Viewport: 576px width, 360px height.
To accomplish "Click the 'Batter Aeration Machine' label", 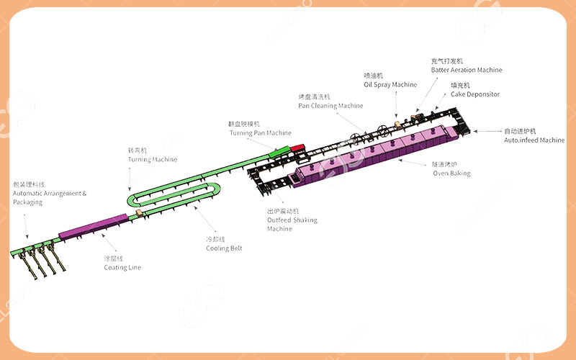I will coord(466,70).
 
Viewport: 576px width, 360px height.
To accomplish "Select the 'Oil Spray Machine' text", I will coord(390,85).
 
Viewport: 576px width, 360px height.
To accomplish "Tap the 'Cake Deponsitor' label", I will coord(474,94).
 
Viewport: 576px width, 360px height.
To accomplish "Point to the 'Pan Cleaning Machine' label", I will coord(330,106).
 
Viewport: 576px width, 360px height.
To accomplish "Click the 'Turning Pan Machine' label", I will coord(260,133).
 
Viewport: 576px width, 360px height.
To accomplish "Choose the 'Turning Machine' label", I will coord(152,159).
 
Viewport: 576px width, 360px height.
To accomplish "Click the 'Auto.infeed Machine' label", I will coord(534,140).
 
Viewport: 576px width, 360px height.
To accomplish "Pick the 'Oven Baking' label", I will coord(451,174).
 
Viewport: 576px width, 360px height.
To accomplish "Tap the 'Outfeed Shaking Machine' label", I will coord(292,220).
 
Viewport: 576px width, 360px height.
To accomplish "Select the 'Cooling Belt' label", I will coord(224,248).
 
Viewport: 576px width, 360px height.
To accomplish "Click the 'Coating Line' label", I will coord(122,268).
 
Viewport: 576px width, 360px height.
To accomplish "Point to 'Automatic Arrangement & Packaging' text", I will coord(49,197).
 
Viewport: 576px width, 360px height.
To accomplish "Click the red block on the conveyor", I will coord(298,148).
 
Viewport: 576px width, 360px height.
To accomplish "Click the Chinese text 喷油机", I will coord(373,76).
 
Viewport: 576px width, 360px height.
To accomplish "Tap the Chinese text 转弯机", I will coord(138,150).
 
